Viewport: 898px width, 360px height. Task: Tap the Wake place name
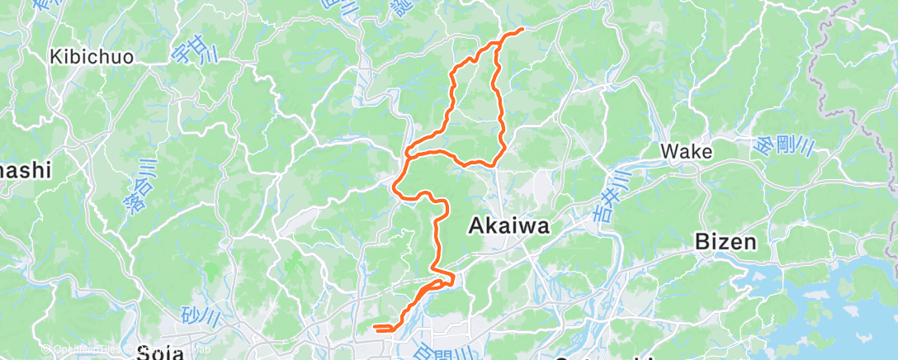tap(687, 152)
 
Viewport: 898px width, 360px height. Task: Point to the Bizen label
tap(726, 242)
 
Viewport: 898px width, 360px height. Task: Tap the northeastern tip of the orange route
tap(522, 30)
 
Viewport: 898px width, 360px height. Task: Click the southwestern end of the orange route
tap(375, 328)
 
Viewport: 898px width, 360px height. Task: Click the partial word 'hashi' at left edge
tap(25, 170)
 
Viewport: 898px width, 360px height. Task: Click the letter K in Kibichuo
tap(56, 58)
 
